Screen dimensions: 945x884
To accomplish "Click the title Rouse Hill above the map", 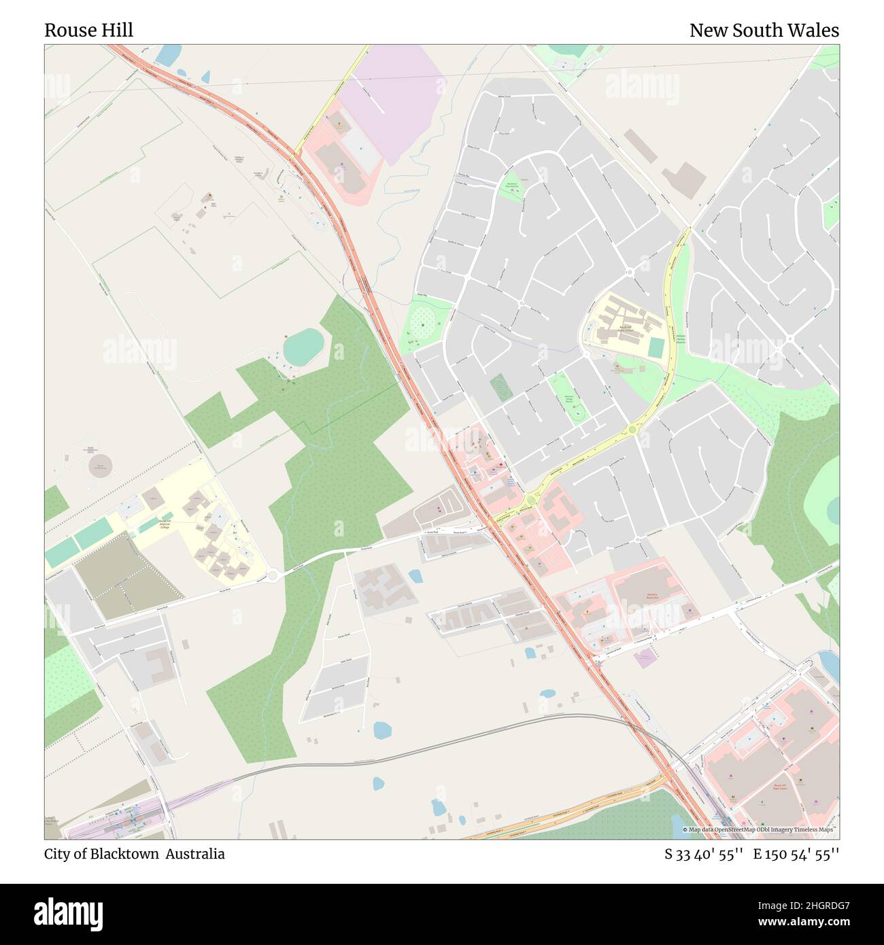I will [88, 31].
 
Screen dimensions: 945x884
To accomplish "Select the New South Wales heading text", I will [764, 31].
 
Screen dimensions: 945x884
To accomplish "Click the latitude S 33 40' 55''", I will [704, 854].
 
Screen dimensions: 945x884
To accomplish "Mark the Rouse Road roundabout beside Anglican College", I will [273, 576].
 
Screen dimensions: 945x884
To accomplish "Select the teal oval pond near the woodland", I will [303, 346].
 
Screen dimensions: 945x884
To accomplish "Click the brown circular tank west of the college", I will [101, 467].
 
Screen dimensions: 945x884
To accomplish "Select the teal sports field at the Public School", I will [656, 347].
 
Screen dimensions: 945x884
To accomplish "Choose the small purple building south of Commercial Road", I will [645, 656].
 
